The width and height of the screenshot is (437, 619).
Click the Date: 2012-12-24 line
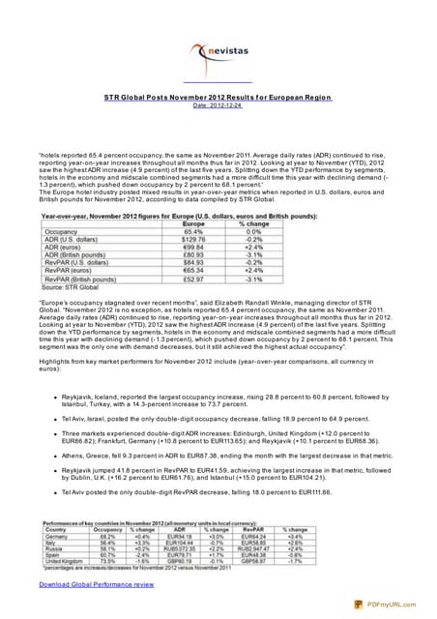point(218,105)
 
